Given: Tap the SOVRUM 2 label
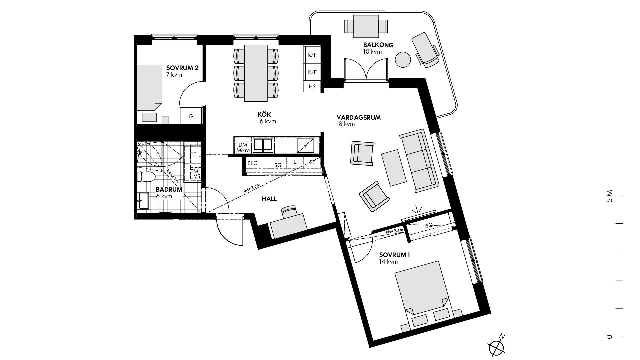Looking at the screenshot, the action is [182, 68].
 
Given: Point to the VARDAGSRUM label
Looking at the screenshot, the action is [359, 117].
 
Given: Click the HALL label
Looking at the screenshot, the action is [269, 199].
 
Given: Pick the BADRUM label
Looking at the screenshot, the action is [169, 190].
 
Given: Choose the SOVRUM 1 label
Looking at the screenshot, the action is [395, 255].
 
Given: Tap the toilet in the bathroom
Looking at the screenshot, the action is [146, 176].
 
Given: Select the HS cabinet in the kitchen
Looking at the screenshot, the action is [312, 87].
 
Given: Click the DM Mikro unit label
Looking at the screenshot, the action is [243, 148].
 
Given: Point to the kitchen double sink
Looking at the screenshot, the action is [263, 145].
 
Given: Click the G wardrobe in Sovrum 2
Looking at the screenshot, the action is [191, 116].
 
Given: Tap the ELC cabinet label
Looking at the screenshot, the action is [252, 163].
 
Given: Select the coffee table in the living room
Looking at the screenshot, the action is [394, 168].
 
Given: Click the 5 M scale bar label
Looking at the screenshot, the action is [610, 196].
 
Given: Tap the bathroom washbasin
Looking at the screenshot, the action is [144, 201].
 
